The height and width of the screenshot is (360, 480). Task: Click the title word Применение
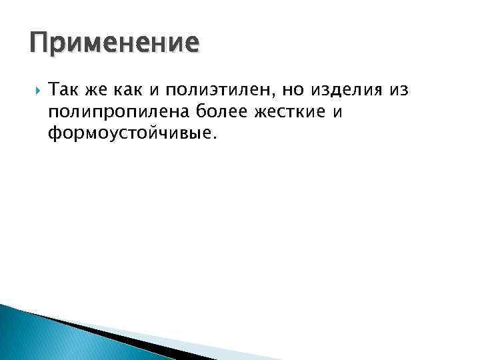pyautogui.click(x=114, y=43)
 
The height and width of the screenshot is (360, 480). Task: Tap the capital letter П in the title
pyautogui.click(x=39, y=43)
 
